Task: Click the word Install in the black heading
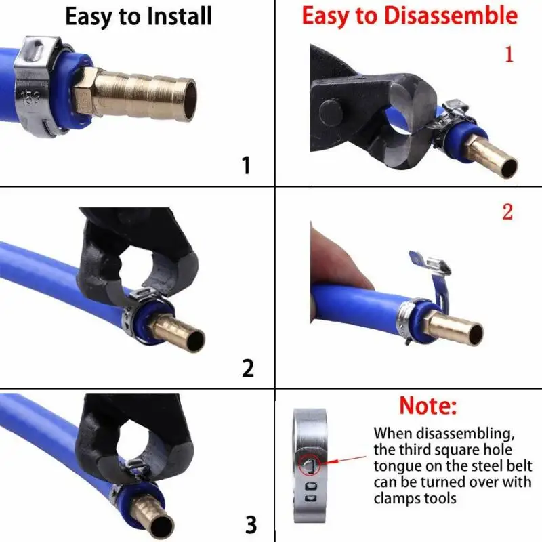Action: [x=179, y=16]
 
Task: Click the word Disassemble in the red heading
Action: [x=451, y=16]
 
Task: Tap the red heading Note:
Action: [x=428, y=405]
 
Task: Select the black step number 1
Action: [x=246, y=165]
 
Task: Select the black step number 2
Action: [x=247, y=368]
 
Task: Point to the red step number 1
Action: [x=509, y=54]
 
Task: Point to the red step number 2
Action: [x=507, y=211]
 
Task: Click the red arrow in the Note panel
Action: [x=346, y=460]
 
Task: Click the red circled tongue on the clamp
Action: [x=310, y=464]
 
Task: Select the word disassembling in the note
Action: [x=465, y=434]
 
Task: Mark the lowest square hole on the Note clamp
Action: [x=311, y=498]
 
